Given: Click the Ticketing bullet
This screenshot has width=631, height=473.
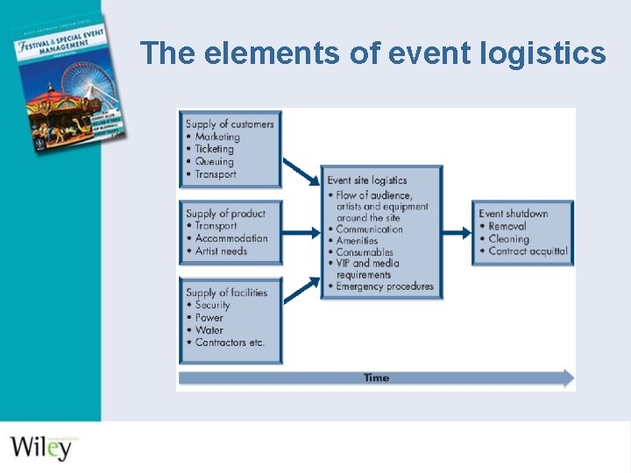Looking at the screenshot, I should pyautogui.click(x=215, y=149).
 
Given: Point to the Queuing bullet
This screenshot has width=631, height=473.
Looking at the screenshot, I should pyautogui.click(x=214, y=161).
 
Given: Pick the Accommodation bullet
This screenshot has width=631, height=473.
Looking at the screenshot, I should pyautogui.click(x=231, y=238).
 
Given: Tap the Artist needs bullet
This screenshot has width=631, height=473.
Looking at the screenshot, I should pyautogui.click(x=221, y=251).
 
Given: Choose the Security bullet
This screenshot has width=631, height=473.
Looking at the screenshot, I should pyautogui.click(x=212, y=305).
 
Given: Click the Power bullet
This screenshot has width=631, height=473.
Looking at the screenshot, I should pyautogui.click(x=209, y=317).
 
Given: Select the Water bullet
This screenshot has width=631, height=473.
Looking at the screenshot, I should pyautogui.click(x=209, y=330).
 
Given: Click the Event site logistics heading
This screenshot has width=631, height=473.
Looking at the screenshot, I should pyautogui.click(x=367, y=180).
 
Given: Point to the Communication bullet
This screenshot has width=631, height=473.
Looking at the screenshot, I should pyautogui.click(x=369, y=229).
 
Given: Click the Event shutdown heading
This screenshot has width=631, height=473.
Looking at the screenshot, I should pyautogui.click(x=514, y=214).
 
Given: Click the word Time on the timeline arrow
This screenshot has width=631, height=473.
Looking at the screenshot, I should pyautogui.click(x=376, y=378).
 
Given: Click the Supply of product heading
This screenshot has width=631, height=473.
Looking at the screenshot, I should pyautogui.click(x=225, y=214).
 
